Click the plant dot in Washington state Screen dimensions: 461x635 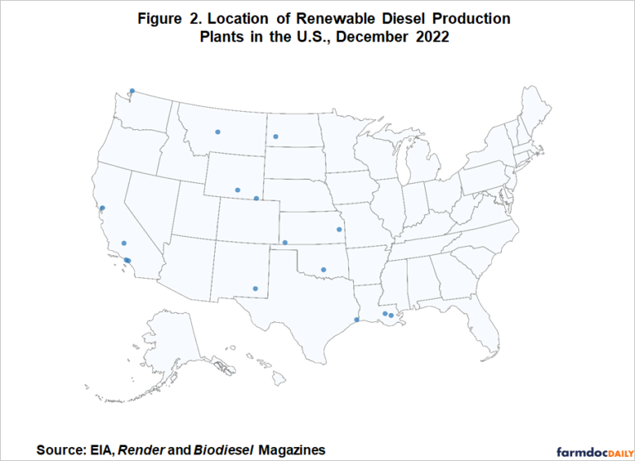tap(131, 91)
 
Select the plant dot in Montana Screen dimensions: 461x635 tap(217, 131)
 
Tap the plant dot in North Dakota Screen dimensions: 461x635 tap(275, 137)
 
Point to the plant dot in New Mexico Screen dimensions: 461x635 tap(255, 289)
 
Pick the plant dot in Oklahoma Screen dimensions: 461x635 tap(323, 269)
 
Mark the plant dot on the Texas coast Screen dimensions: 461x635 tap(356, 319)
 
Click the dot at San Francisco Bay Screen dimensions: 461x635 tap(103, 208)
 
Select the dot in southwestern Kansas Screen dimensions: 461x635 tap(284, 243)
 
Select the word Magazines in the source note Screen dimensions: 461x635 tap(292, 449)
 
